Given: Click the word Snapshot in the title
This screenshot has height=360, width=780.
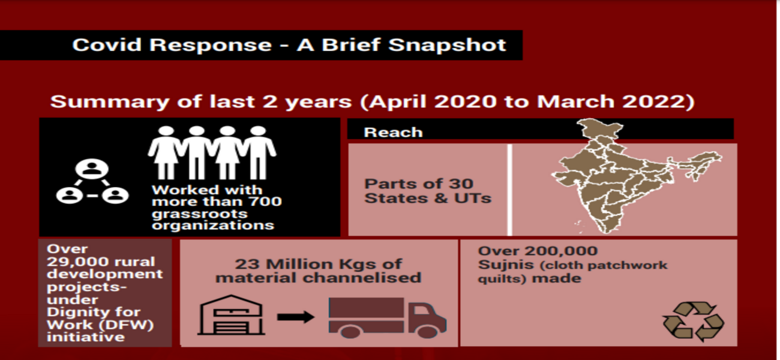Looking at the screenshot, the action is (x=447, y=45).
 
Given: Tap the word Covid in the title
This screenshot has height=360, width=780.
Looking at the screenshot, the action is (x=107, y=45).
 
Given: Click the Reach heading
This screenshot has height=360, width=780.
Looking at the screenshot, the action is (x=393, y=133).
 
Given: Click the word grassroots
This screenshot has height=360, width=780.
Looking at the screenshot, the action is (x=200, y=214).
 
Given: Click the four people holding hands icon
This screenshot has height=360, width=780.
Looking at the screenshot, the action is (x=212, y=152).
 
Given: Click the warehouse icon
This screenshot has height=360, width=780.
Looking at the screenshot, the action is (x=231, y=315).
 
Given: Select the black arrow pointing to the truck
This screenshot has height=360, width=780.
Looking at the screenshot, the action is (x=296, y=317).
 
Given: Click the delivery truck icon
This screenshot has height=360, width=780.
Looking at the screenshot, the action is (x=388, y=318).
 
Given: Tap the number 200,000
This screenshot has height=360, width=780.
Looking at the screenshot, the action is (x=562, y=251).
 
